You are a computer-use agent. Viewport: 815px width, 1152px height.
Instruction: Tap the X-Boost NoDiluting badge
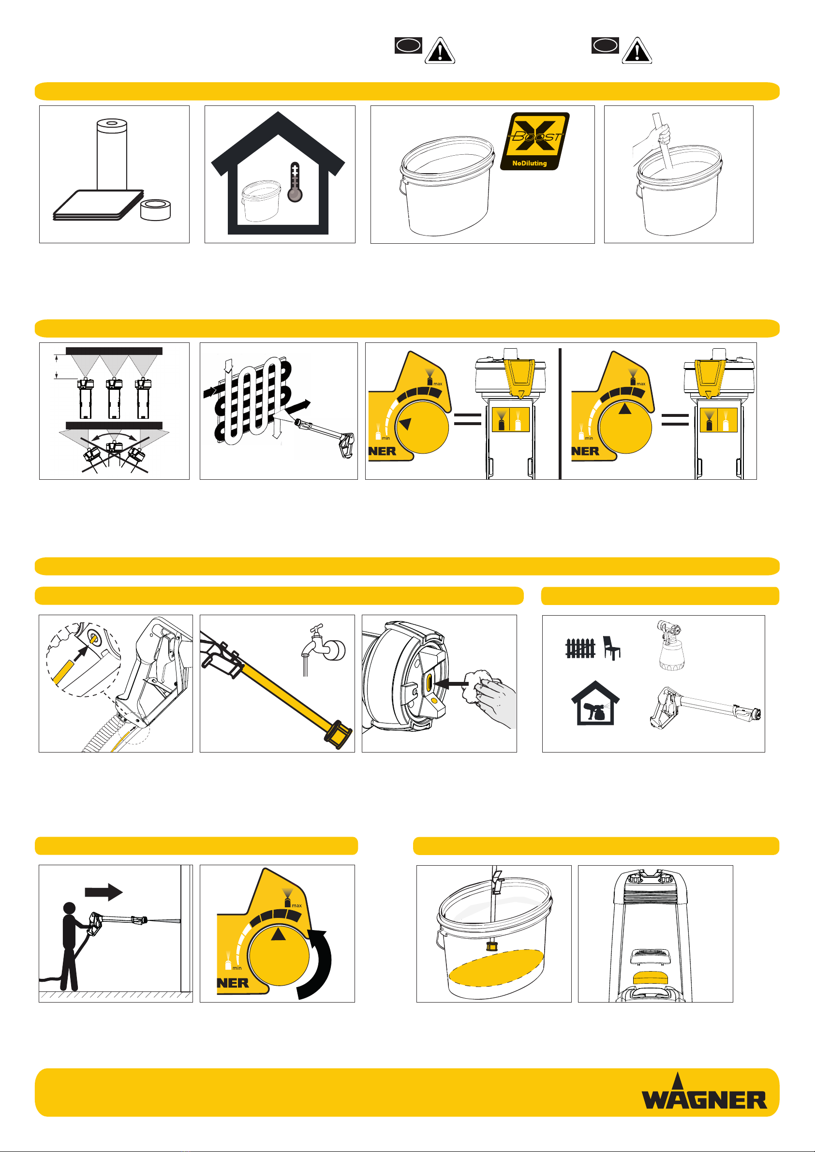(535, 141)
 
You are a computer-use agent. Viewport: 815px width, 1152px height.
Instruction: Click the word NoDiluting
(530, 163)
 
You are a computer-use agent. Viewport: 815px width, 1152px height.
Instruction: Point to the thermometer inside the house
(295, 182)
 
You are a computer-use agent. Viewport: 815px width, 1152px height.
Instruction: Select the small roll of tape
(156, 209)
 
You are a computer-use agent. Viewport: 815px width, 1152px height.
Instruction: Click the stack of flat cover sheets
(98, 205)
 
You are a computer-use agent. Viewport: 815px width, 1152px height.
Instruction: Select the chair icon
(611, 648)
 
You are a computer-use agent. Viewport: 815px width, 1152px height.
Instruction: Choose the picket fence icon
(580, 648)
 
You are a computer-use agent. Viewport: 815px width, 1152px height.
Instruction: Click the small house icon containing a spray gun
(595, 703)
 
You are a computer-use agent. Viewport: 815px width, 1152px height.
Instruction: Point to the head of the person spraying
(69, 908)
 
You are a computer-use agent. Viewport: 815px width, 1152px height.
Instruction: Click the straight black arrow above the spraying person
(104, 892)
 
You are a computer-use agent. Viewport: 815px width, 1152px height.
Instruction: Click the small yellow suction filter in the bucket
(491, 947)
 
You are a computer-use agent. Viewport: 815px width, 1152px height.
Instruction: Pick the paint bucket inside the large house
(261, 201)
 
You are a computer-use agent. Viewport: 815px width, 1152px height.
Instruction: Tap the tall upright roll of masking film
(112, 155)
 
